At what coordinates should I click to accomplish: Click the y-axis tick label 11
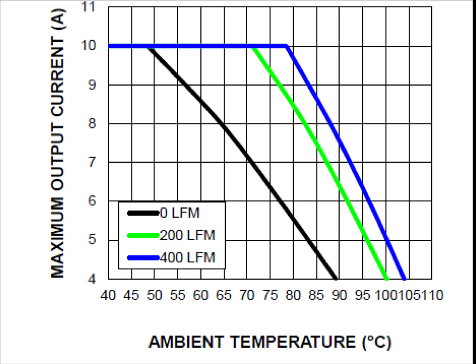(91, 8)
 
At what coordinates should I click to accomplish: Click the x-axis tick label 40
(108, 295)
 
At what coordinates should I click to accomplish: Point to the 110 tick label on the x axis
(432, 295)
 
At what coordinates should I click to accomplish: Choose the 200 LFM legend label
(187, 235)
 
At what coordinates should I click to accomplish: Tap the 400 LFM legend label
(187, 257)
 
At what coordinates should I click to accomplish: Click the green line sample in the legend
(143, 235)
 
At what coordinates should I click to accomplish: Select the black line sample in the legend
(143, 213)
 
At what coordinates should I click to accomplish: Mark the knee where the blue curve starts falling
(287, 46)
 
